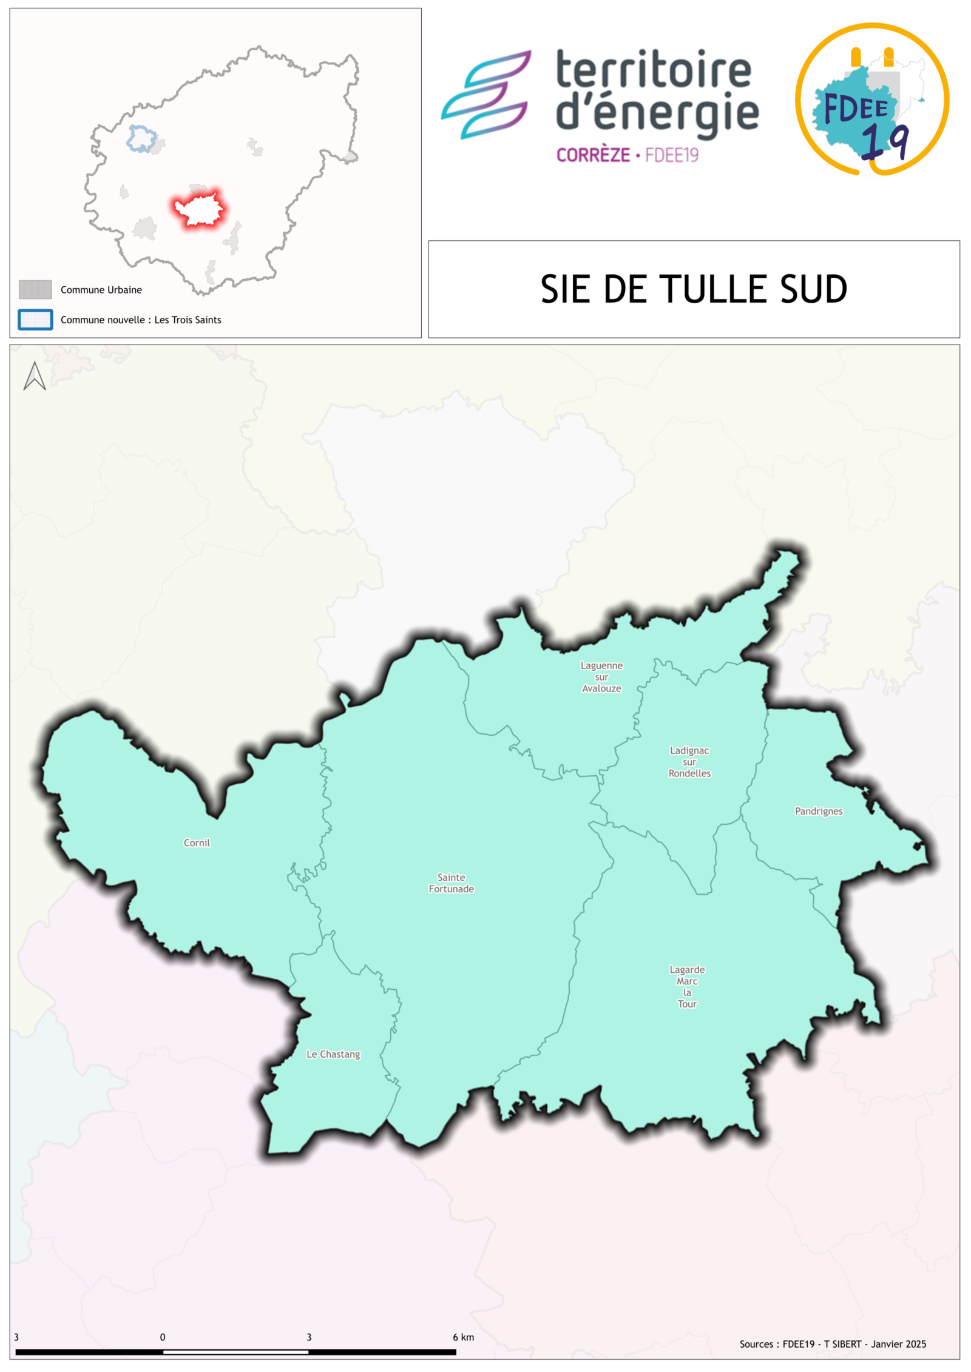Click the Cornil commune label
point(197,842)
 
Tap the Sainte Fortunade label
point(451,883)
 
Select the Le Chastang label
point(333,1054)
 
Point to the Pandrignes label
point(819,811)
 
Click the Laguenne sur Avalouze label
point(601,677)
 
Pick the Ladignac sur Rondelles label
point(689,762)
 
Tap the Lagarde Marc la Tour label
point(687,986)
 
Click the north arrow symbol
point(35,376)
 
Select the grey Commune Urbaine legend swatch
point(35,289)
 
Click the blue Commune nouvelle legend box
point(35,320)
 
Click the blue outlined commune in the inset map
point(141,138)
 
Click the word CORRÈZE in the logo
point(593,155)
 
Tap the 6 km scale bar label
point(463,1337)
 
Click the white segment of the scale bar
point(235,1352)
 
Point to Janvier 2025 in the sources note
point(898,1344)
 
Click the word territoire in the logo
point(654,70)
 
